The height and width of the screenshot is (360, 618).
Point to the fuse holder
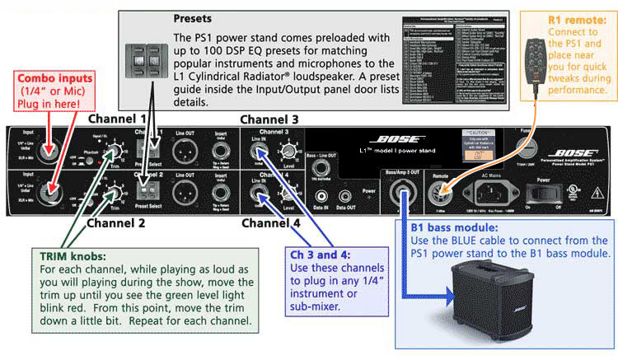[x=522, y=150]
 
